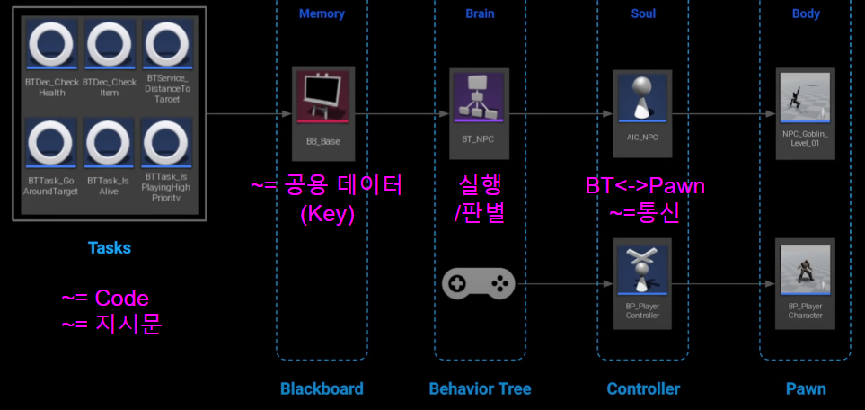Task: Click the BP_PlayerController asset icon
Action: click(x=642, y=269)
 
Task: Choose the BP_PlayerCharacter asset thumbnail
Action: click(x=805, y=269)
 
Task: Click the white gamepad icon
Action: click(x=478, y=285)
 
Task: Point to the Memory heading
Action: click(x=322, y=13)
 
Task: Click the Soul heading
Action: click(x=642, y=13)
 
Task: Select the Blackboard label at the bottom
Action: click(x=322, y=389)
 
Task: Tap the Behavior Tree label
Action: click(x=480, y=389)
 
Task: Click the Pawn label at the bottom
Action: click(x=806, y=389)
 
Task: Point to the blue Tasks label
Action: click(x=109, y=248)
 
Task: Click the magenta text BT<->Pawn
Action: click(x=645, y=186)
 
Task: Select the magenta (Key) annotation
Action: click(x=327, y=215)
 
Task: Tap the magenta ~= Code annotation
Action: click(x=104, y=299)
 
